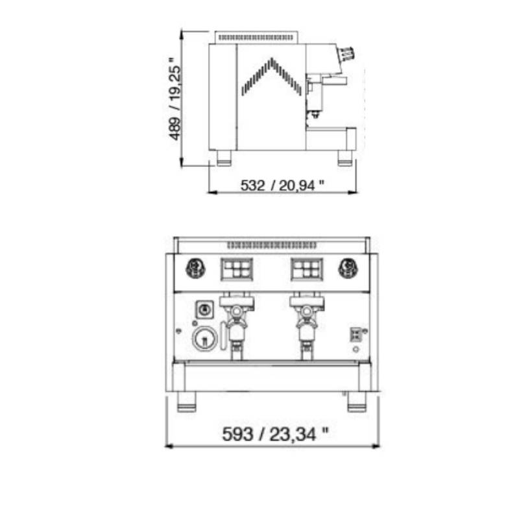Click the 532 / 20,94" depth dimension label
tap(282, 185)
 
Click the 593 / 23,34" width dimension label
tap(275, 434)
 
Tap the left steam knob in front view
tap(196, 268)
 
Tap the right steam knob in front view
tap(348, 268)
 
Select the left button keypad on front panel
tap(237, 269)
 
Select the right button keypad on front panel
tap(307, 269)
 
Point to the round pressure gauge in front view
tap(205, 339)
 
